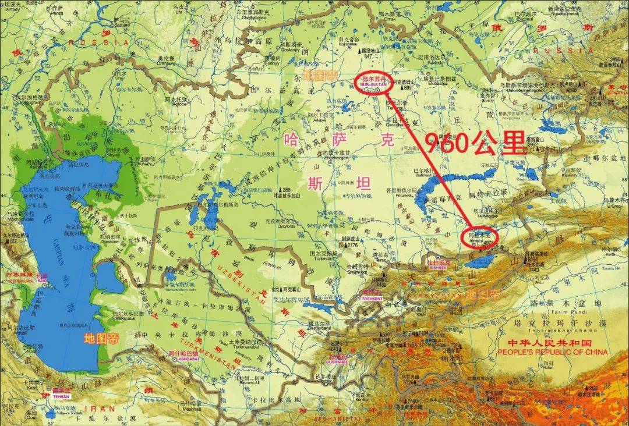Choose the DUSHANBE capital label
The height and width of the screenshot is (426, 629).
tap(337, 361)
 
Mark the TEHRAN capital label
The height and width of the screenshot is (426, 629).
tap(61, 396)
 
